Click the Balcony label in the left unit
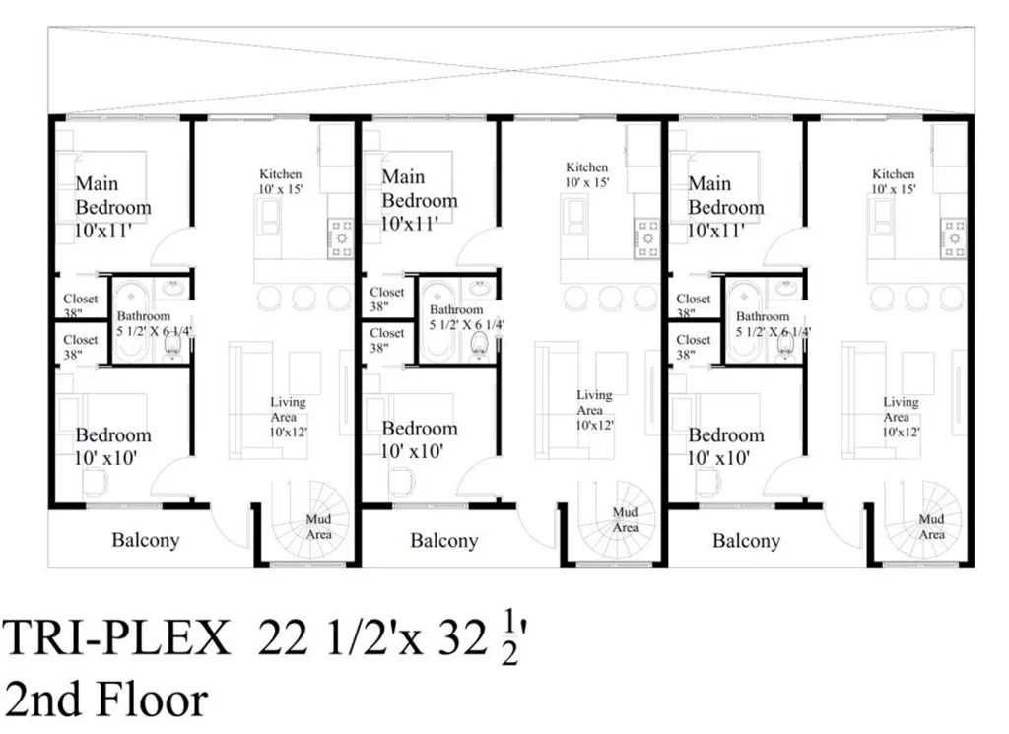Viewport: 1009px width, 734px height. [x=146, y=540]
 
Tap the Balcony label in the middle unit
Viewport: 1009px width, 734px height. [x=444, y=540]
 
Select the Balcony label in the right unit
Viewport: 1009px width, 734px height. [x=747, y=540]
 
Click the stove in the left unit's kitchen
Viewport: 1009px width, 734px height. [x=340, y=238]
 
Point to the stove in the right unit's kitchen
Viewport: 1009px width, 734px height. [x=953, y=238]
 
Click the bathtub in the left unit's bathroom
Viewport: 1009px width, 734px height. [x=132, y=320]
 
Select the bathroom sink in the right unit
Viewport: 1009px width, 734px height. [x=785, y=288]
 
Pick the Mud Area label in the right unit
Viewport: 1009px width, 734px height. [x=931, y=527]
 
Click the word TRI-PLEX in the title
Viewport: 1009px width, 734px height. [x=116, y=638]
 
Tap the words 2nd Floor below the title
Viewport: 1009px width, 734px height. [x=106, y=701]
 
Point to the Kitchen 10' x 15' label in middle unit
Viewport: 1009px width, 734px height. [x=587, y=174]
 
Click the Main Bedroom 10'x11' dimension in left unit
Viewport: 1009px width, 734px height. [x=103, y=231]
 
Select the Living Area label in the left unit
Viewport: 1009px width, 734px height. [x=288, y=416]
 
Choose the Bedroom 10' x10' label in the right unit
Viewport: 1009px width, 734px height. [x=726, y=446]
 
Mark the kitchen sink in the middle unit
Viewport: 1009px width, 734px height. [x=574, y=216]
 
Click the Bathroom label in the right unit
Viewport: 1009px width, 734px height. [x=763, y=316]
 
